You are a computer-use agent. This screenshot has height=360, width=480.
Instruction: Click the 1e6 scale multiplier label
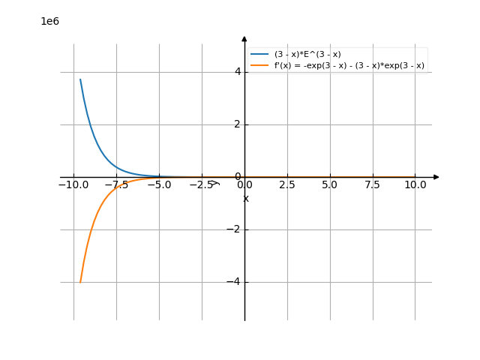[x=49, y=21]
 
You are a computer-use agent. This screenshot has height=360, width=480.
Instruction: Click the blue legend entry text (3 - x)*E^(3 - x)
[x=307, y=54]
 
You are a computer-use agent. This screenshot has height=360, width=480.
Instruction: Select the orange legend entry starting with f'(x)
[x=349, y=66]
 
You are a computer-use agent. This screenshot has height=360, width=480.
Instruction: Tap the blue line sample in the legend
[x=259, y=54]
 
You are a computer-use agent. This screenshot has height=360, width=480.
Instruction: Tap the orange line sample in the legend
[x=259, y=66]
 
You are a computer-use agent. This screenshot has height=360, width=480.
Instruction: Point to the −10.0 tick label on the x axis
[x=73, y=184]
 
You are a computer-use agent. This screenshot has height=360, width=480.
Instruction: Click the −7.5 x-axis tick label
[x=115, y=184]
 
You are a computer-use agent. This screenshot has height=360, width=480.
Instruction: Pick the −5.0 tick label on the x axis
[x=158, y=184]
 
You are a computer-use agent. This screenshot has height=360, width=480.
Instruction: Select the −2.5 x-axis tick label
[x=201, y=184]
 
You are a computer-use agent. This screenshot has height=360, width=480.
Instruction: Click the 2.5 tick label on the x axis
[x=286, y=184]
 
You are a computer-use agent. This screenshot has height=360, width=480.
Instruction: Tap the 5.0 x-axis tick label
[x=329, y=184]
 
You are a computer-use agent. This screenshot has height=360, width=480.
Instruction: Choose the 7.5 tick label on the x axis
[x=372, y=184]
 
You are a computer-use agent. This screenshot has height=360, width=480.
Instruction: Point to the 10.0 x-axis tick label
[x=415, y=184]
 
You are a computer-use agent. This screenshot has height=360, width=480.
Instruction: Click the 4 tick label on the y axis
[x=237, y=72]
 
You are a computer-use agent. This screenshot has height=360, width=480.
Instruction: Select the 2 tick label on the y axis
[x=237, y=124]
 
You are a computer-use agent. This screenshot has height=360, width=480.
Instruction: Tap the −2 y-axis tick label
[x=234, y=229]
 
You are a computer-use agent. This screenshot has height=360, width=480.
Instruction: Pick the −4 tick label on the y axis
[x=234, y=282]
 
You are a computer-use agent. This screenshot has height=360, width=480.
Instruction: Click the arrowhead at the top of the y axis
[x=244, y=38]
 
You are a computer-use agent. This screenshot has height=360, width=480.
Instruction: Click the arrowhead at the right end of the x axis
[x=436, y=177]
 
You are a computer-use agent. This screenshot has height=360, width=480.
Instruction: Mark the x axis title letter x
[x=246, y=199]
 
